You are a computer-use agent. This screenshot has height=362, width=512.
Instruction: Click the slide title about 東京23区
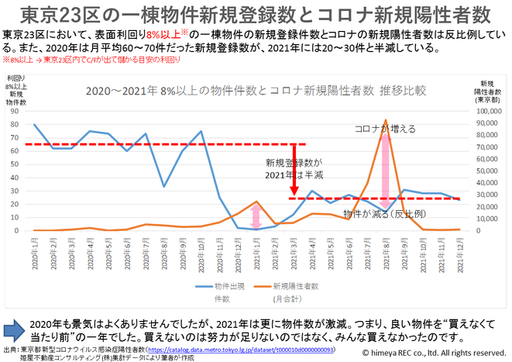[x=255, y=15]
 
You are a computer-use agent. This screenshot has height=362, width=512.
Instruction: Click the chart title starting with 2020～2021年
[x=256, y=90]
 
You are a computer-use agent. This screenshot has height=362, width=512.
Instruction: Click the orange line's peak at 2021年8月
[x=385, y=120]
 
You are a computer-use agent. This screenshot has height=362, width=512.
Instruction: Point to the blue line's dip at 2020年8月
[x=164, y=186]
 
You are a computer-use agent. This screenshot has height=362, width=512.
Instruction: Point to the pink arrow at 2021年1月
[x=256, y=215]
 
